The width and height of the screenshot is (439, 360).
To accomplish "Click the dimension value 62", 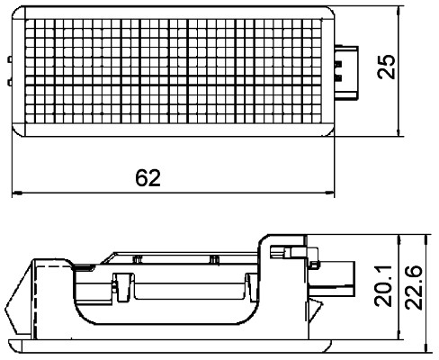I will click(x=148, y=177).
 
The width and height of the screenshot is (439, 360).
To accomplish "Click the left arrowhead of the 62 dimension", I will click(x=14, y=193).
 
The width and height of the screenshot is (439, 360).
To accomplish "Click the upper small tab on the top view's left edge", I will click(x=10, y=60).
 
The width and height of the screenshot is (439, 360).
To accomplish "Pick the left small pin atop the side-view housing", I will click(x=138, y=258).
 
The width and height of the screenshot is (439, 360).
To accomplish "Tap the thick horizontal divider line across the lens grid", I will click(x=171, y=83).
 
